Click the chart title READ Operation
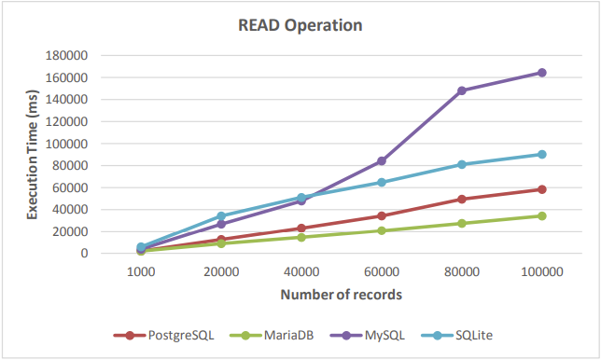tap(300, 25)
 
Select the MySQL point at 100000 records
tap(541, 73)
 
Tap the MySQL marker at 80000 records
tap(461, 90)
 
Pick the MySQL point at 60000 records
tap(382, 160)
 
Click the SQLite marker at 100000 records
tap(541, 154)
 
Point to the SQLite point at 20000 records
tap(221, 216)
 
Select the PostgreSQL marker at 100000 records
tap(541, 189)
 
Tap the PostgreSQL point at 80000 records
tap(461, 200)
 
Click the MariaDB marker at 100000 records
tap(541, 216)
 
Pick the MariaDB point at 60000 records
tap(382, 230)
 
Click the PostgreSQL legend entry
tap(163, 336)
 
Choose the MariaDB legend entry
tap(272, 336)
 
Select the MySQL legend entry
tap(367, 336)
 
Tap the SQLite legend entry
tap(456, 336)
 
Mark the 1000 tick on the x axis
tap(141, 272)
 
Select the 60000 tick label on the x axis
tap(382, 272)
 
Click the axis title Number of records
tap(342, 295)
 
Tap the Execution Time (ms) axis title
tap(32, 155)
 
